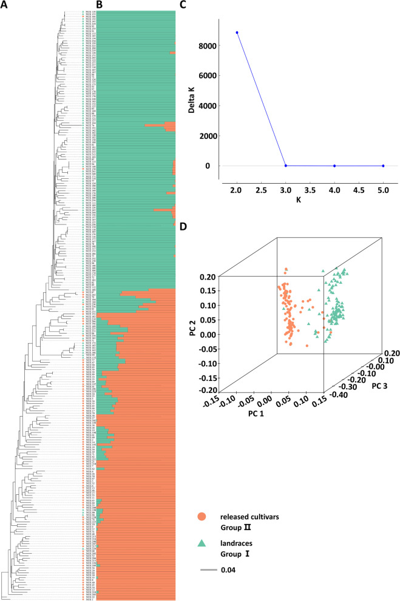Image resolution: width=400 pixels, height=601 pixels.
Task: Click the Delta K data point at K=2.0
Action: click(x=237, y=33)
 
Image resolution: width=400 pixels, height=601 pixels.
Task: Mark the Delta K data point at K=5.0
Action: click(x=383, y=166)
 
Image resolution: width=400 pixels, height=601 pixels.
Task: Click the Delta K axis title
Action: click(x=189, y=100)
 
